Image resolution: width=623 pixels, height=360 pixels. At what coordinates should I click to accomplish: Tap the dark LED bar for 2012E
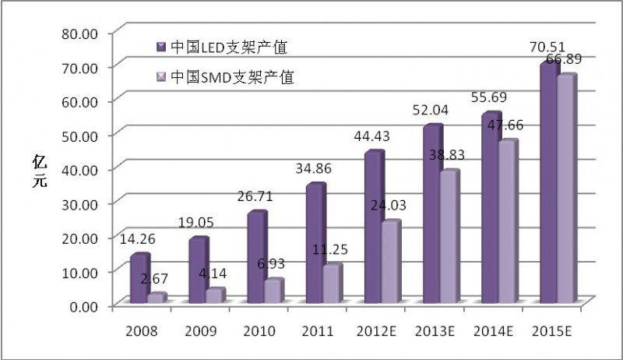374,228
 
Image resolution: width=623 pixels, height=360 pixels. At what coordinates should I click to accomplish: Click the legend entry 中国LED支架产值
222,48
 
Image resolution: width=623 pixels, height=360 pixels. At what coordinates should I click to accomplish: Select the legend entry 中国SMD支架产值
224,77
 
